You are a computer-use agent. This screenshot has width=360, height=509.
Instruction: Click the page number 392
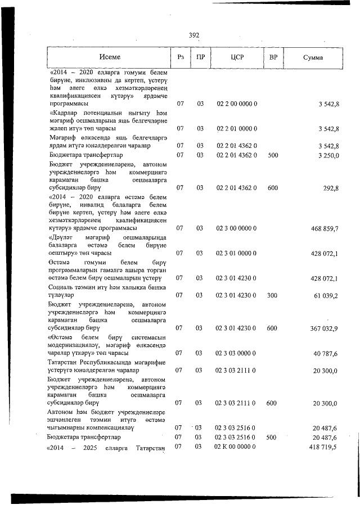[195, 35]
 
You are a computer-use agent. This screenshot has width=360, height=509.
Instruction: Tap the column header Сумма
[312, 57]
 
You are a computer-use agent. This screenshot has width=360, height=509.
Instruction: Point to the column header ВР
[273, 57]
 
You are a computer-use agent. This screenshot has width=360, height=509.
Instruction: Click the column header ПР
[200, 57]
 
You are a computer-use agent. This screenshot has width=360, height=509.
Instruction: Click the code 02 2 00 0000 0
[237, 104]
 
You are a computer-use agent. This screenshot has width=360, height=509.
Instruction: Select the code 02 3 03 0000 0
[237, 353]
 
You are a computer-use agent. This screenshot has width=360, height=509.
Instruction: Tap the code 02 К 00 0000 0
[236, 447]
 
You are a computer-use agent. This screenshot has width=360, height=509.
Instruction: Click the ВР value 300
[273, 295]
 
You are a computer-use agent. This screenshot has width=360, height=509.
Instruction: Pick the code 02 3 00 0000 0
[237, 228]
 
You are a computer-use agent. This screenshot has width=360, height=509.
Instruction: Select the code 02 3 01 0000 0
[237, 253]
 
